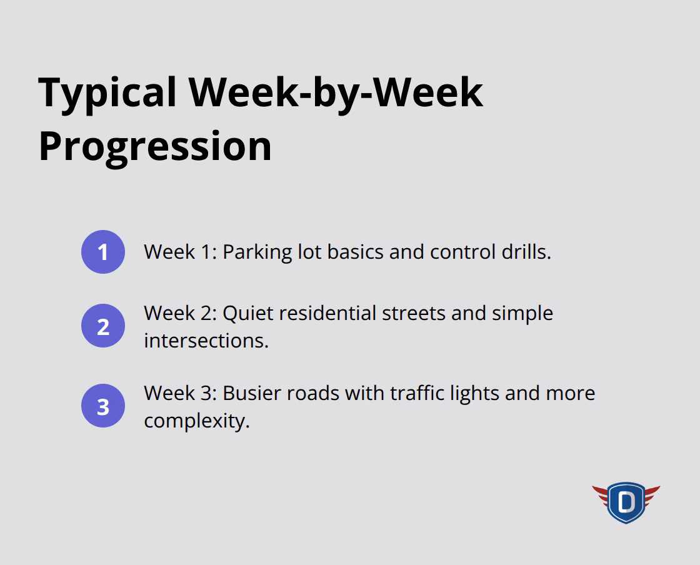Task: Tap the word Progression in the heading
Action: pos(155,146)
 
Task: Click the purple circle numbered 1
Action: pos(103,252)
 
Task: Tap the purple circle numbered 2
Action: pos(103,326)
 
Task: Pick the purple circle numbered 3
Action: pos(103,406)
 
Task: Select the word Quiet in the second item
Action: pos(248,312)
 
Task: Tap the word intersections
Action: pos(206,341)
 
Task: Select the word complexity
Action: pos(196,421)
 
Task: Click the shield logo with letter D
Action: pos(626,502)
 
